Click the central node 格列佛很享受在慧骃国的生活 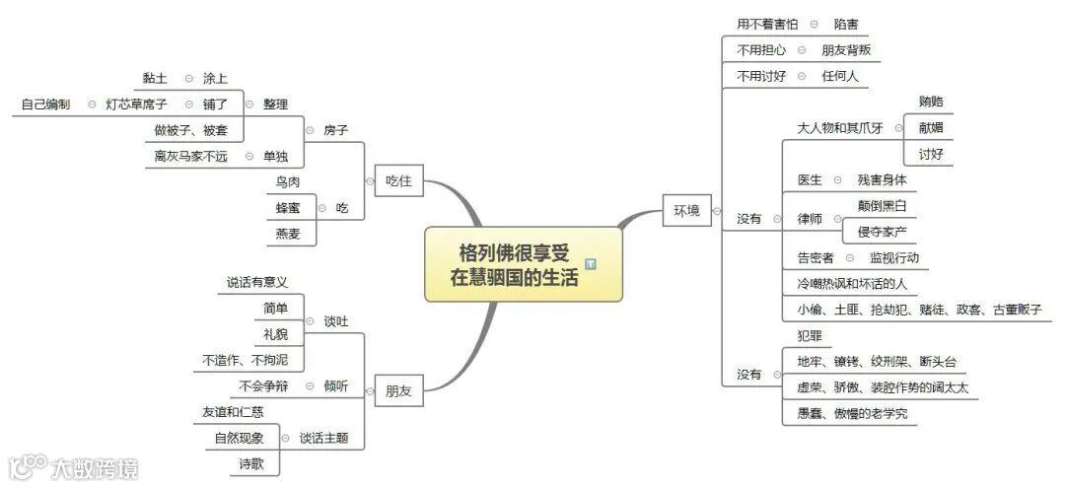pyautogui.click(x=515, y=264)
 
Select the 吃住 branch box pyautogui.click(x=398, y=181)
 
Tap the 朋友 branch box pyautogui.click(x=398, y=391)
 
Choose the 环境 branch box pyautogui.click(x=686, y=210)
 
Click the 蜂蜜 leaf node pyautogui.click(x=289, y=208)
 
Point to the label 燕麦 pyautogui.click(x=289, y=234)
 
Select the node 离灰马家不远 pyautogui.click(x=191, y=157)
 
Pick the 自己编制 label pyautogui.click(x=45, y=104)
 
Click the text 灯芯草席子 pyautogui.click(x=136, y=104)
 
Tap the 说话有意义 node pyautogui.click(x=257, y=283)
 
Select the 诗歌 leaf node pyautogui.click(x=251, y=463)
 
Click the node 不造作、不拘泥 pyautogui.click(x=246, y=360)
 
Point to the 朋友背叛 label pyautogui.click(x=846, y=49)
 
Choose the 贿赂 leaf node pyautogui.click(x=930, y=102)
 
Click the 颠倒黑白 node pyautogui.click(x=882, y=206)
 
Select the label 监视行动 pyautogui.click(x=893, y=257)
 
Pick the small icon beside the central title pyautogui.click(x=591, y=264)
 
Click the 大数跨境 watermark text pyautogui.click(x=95, y=467)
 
